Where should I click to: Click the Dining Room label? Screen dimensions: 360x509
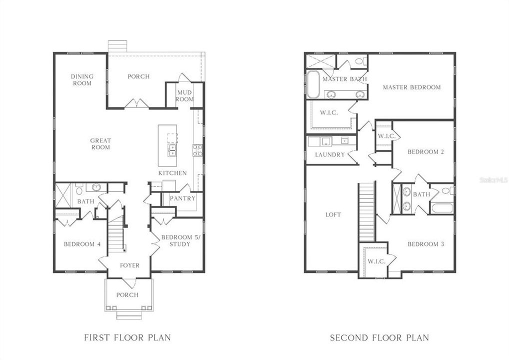[82, 80]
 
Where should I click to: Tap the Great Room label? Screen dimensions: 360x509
[100, 144]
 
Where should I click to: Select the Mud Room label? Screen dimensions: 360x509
[184, 96]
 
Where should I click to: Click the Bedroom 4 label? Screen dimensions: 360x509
[82, 244]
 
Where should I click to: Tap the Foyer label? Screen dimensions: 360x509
[129, 265]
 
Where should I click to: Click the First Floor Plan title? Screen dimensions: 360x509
[127, 337]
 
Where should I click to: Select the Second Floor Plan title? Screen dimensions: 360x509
[379, 337]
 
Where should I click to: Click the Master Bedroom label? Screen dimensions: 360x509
[411, 87]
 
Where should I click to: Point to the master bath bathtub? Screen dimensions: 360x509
[313, 84]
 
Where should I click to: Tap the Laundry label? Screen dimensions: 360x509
[330, 155]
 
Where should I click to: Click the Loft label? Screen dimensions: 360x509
[333, 214]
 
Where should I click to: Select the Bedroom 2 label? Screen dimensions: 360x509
[425, 152]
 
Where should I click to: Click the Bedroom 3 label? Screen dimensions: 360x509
[425, 244]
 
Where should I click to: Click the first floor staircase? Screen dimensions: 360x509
[117, 230]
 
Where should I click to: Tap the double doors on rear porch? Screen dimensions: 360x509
[136, 103]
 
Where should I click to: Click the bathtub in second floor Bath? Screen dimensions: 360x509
[442, 206]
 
